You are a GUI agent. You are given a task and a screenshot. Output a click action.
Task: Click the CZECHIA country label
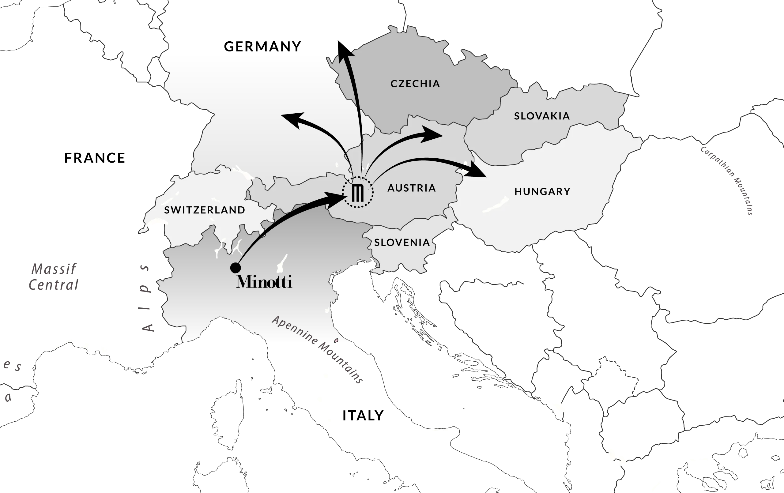click(x=415, y=84)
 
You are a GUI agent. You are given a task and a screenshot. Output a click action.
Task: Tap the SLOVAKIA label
click(x=542, y=116)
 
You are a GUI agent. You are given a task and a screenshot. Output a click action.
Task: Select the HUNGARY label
click(x=542, y=191)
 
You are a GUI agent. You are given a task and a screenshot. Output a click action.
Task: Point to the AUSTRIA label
click(x=412, y=188)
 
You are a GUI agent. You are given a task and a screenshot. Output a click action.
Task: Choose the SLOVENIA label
click(x=402, y=242)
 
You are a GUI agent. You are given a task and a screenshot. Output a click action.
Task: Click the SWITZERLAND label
click(x=205, y=210)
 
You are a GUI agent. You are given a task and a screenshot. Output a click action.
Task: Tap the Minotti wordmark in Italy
click(x=264, y=282)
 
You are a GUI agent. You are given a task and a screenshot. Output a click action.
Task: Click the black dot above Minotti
click(x=236, y=268)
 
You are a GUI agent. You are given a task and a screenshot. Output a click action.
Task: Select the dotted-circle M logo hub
click(x=357, y=192)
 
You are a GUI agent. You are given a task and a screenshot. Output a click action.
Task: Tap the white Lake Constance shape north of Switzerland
click(x=244, y=173)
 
